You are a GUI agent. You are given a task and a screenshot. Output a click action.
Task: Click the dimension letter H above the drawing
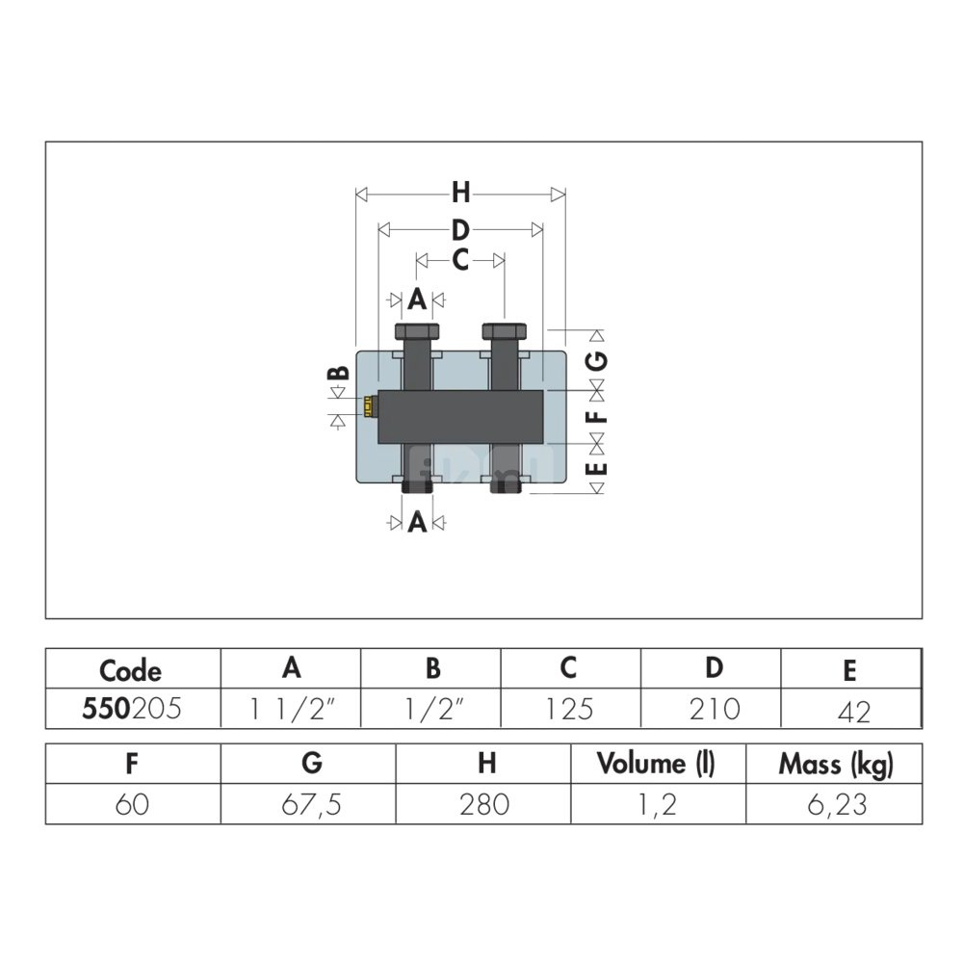[460, 193]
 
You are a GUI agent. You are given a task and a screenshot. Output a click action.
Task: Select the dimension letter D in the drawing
[460, 230]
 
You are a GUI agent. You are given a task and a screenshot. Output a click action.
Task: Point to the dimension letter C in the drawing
[460, 260]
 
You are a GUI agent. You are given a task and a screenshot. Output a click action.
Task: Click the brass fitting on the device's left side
[369, 406]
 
